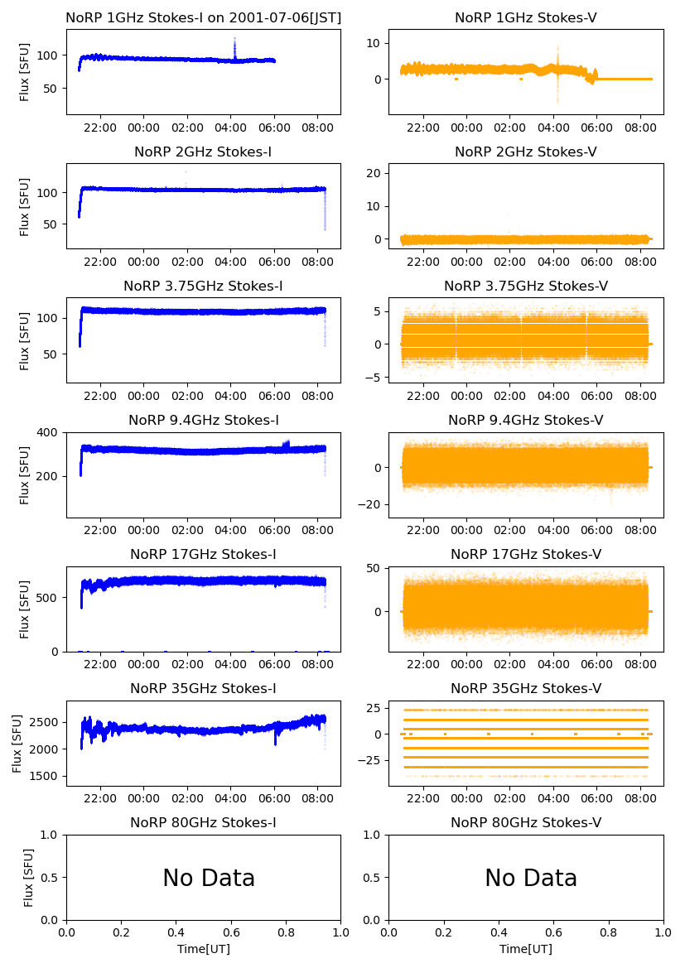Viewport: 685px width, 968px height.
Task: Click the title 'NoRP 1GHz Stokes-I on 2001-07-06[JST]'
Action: click(x=203, y=17)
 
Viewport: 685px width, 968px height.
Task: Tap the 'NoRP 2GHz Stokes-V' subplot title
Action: click(x=526, y=152)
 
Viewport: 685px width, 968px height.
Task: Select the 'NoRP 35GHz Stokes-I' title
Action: click(x=203, y=688)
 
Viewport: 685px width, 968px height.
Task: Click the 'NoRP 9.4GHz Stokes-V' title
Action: click(x=526, y=420)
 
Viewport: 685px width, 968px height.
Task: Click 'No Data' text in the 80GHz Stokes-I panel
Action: click(x=209, y=878)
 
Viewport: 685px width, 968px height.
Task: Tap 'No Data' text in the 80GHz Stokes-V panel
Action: click(x=531, y=878)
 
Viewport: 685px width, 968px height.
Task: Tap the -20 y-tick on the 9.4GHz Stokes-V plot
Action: click(x=370, y=504)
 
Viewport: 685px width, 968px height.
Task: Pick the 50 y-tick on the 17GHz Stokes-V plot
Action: click(x=374, y=568)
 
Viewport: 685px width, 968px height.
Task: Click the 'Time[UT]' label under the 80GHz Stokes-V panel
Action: click(x=526, y=949)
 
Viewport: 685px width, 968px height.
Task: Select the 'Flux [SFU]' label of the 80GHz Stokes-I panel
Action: click(x=29, y=878)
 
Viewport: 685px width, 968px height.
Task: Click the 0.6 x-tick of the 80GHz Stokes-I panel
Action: click(x=231, y=932)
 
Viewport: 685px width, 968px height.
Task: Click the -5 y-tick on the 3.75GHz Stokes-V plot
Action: click(x=374, y=378)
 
